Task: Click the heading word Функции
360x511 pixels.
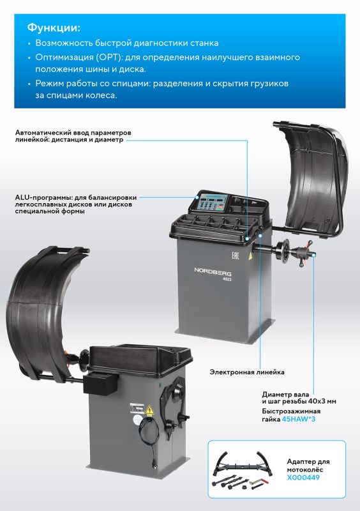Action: tap(54, 27)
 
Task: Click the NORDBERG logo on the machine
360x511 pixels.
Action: tap(213, 271)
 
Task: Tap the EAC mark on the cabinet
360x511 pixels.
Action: tap(236, 255)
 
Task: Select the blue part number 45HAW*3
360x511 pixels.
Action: tap(299, 419)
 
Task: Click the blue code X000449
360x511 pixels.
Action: tap(303, 477)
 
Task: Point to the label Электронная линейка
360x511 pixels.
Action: tap(246, 372)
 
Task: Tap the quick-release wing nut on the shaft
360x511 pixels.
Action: tap(304, 253)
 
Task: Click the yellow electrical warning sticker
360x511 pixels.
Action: tap(149, 410)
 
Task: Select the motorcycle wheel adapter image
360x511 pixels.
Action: tap(241, 470)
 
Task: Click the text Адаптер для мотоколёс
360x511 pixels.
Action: tap(308, 466)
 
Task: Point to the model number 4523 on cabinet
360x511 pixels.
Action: tap(227, 279)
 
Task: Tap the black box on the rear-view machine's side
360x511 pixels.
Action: tap(100, 383)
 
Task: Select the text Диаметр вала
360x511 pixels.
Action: tap(285, 394)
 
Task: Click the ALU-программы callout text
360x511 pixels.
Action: tap(75, 204)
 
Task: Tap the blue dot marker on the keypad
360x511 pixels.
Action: tap(197, 197)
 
